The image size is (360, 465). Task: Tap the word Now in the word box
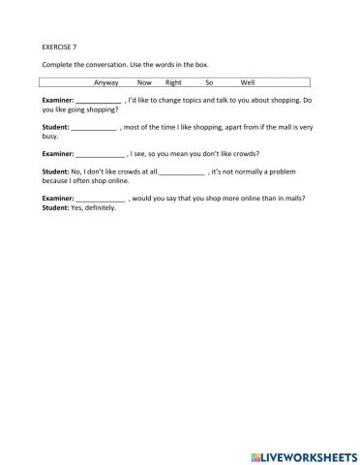(145, 82)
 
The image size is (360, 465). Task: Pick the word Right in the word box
(174, 82)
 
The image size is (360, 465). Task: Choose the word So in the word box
(209, 82)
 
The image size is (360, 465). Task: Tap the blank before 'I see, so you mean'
(101, 153)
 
